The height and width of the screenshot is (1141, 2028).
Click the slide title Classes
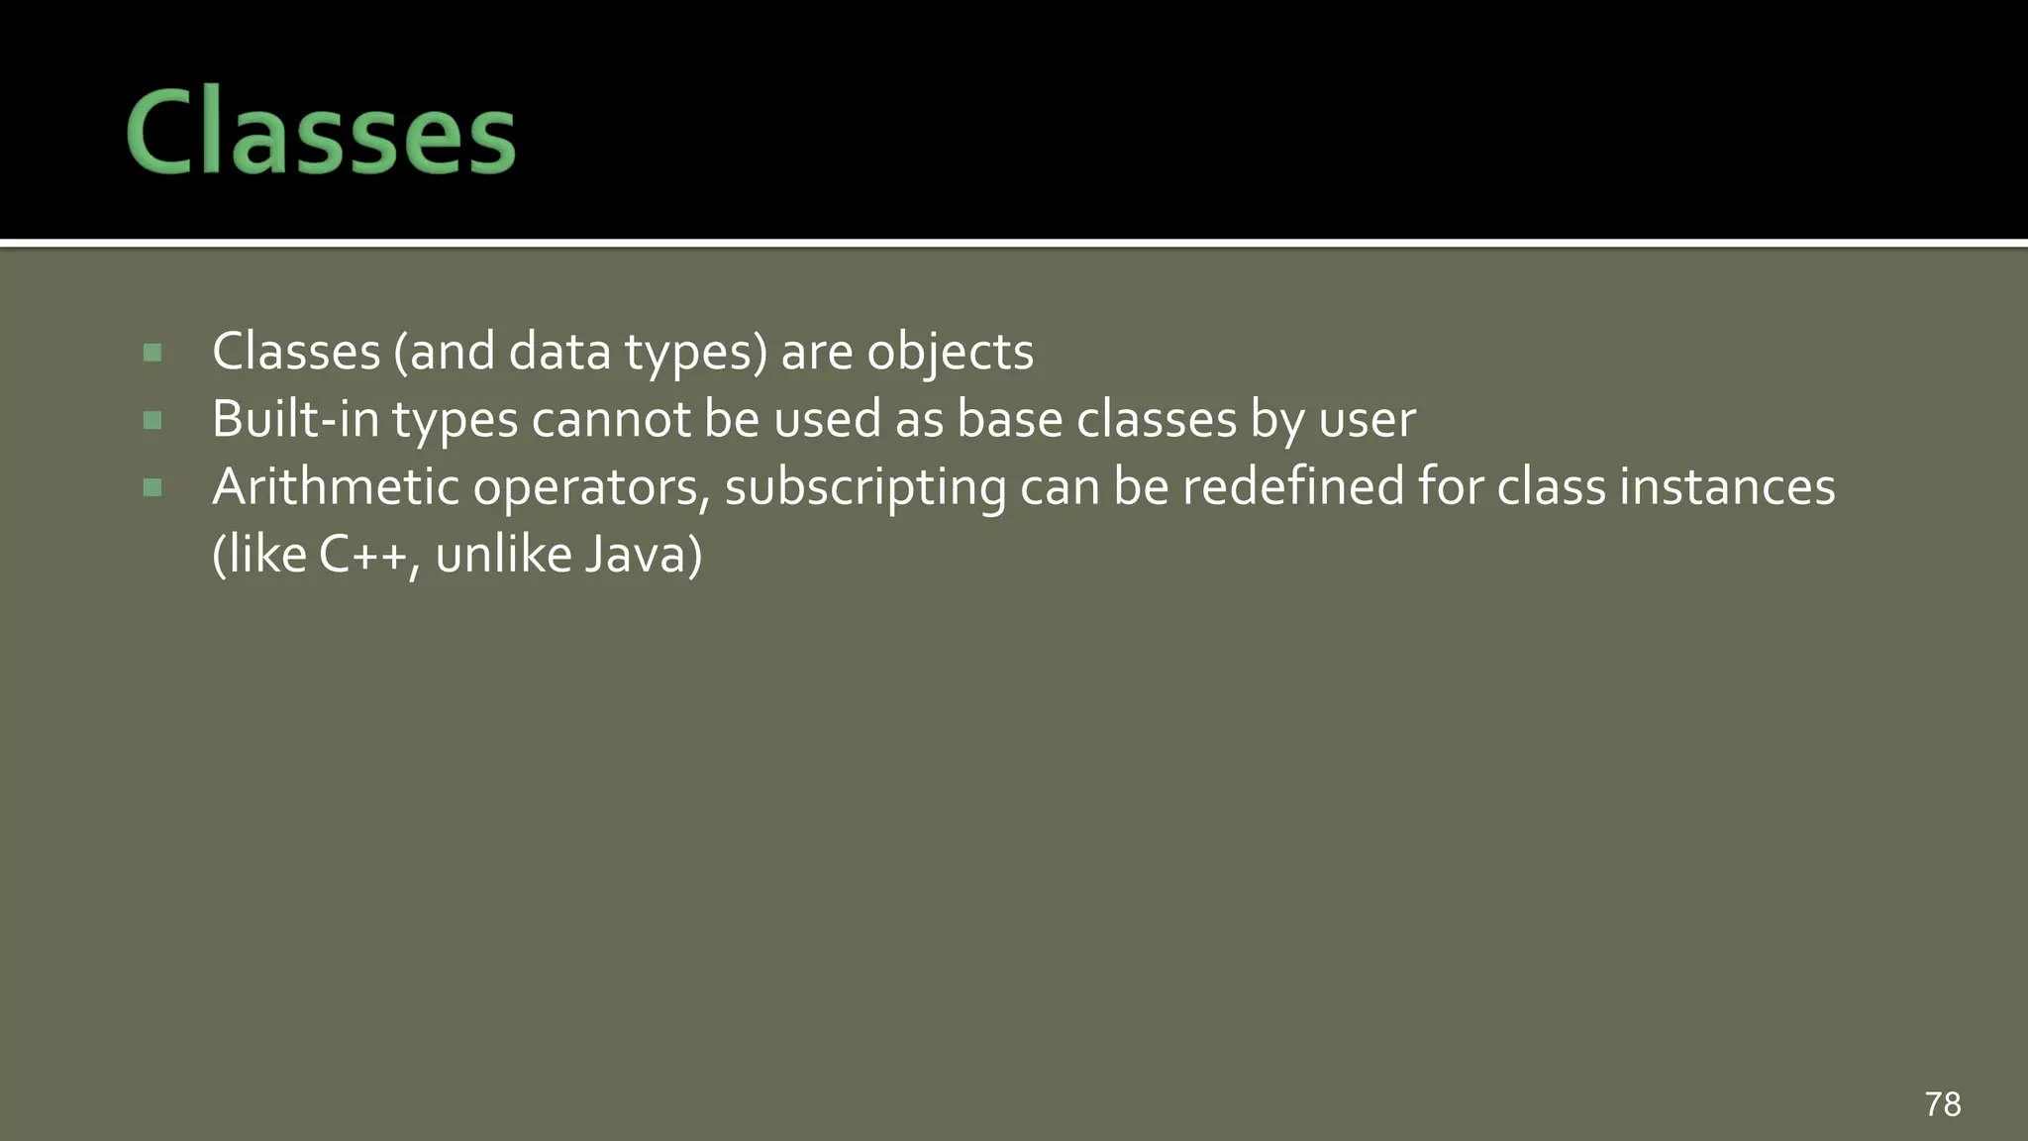(320, 133)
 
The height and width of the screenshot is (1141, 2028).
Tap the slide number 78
(1942, 1103)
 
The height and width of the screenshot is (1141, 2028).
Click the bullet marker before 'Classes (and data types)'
(152, 353)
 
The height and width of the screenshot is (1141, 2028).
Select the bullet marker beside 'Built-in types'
(152, 421)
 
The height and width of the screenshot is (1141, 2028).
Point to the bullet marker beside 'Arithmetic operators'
(152, 487)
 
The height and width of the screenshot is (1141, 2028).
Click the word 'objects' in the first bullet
(950, 353)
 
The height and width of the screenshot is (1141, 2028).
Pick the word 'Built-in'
(295, 420)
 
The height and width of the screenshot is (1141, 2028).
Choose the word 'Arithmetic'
(335, 487)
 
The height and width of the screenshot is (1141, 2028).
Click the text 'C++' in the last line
(362, 555)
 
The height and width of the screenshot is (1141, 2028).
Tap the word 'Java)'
(643, 555)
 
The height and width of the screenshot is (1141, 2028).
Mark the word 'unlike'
(502, 555)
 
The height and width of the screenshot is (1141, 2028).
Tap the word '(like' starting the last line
(259, 555)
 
